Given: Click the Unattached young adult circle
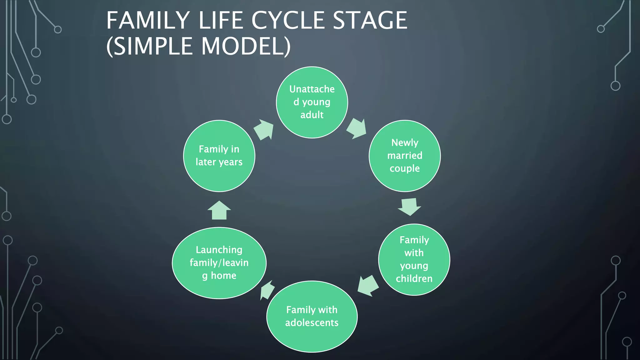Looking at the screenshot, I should (312, 102).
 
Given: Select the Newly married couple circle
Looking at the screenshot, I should (405, 156).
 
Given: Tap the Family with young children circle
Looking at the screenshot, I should (414, 259).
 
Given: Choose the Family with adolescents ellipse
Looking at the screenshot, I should (312, 316).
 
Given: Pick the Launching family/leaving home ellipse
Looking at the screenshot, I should (219, 263).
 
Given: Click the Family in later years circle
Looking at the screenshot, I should (219, 156).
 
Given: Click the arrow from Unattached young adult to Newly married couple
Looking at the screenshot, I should (357, 128).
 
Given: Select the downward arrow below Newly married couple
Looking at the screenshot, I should (409, 207).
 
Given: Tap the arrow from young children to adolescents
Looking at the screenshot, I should (368, 285).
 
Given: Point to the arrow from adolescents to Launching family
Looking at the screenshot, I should (267, 290).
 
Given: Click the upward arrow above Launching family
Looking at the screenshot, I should (219, 211).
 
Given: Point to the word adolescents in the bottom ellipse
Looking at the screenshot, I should (312, 322).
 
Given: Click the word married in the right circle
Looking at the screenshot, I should (405, 155).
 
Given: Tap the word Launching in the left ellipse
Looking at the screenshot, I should (219, 250).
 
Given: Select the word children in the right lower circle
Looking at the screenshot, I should (414, 278).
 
